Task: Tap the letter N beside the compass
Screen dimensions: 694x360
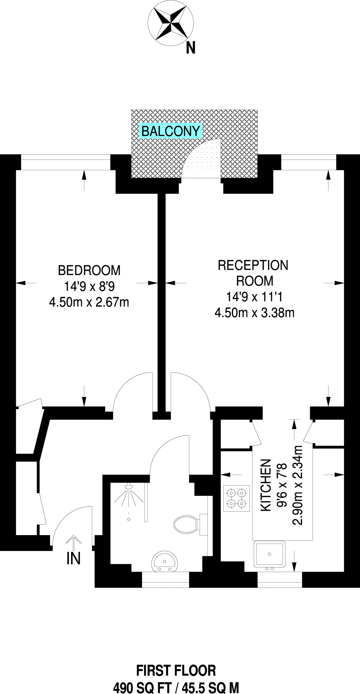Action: pos(191,48)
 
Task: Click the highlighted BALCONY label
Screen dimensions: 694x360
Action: pos(171,131)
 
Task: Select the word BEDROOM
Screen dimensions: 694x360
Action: pos(89,270)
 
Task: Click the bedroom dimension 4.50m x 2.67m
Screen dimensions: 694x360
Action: pos(89,302)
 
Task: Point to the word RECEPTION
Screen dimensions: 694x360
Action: pos(253,265)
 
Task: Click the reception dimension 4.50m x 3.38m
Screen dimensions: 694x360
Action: pos(254,312)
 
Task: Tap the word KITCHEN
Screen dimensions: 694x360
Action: pos(266,485)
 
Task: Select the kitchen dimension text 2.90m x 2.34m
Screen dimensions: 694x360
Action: pos(297,485)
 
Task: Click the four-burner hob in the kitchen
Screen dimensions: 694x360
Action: pos(237,498)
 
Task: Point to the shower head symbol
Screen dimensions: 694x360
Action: pos(129,487)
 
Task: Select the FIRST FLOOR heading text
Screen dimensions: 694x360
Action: pos(176,671)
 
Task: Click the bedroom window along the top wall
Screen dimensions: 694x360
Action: pos(66,162)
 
